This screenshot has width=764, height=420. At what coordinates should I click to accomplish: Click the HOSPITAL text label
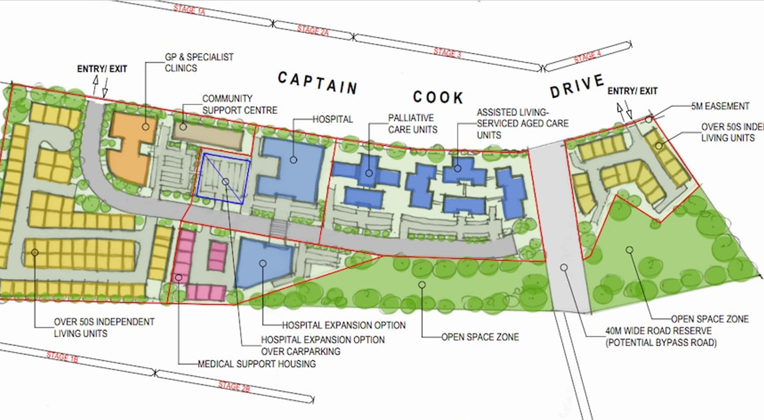tap(333, 119)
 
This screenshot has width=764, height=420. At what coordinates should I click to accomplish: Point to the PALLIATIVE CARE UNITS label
tap(412, 124)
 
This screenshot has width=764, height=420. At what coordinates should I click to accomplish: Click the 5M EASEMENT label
tap(720, 106)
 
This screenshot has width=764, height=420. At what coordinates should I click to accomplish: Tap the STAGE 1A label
tap(189, 9)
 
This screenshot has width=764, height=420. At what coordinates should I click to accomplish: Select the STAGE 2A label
tap(313, 31)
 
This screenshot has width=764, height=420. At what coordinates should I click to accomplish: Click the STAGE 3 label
tap(447, 52)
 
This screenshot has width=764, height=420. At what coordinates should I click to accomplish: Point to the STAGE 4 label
tap(587, 57)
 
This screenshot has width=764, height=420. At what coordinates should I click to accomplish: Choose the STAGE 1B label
tap(62, 356)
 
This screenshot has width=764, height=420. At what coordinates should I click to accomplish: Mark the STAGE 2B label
tap(234, 386)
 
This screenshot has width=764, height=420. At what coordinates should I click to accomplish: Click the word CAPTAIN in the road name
tap(318, 83)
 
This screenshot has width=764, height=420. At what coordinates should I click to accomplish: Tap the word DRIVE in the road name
tap(576, 86)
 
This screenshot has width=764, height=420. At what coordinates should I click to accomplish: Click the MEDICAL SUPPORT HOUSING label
tap(257, 364)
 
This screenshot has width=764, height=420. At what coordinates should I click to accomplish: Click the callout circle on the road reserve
tap(564, 268)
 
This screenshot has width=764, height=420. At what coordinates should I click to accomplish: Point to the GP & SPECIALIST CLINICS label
tap(199, 62)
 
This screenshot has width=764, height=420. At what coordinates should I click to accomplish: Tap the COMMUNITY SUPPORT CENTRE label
tap(239, 104)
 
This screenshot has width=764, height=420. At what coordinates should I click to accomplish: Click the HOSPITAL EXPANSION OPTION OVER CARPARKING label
tap(323, 345)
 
